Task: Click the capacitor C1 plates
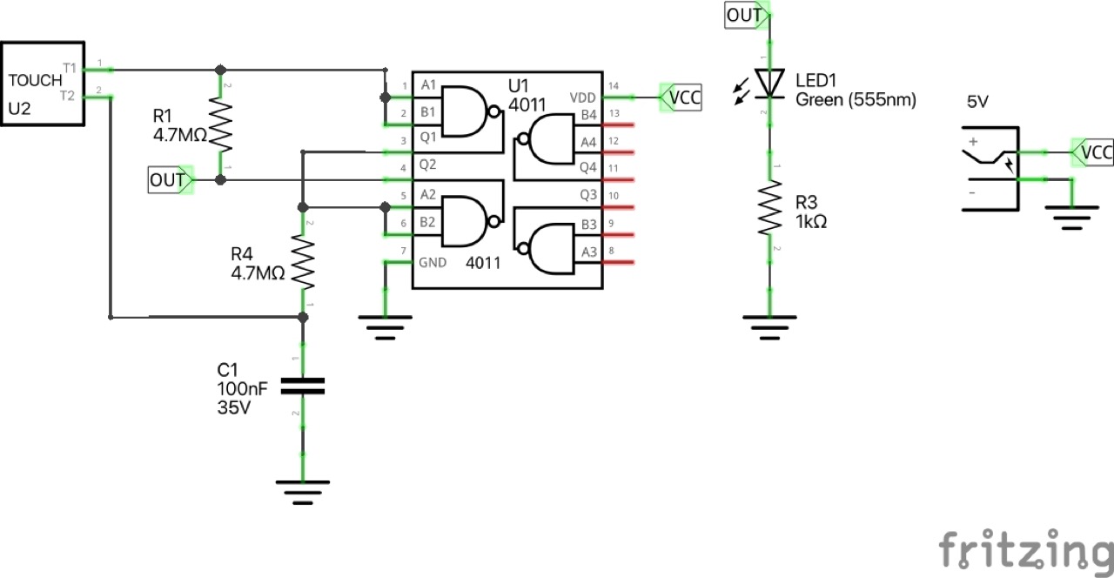tap(303, 386)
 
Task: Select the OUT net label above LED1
tap(746, 15)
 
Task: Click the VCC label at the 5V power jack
tap(1092, 153)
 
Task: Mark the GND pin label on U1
tap(433, 261)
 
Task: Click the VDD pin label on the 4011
tap(582, 97)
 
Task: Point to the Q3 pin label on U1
tap(588, 194)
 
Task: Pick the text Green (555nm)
tap(856, 100)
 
